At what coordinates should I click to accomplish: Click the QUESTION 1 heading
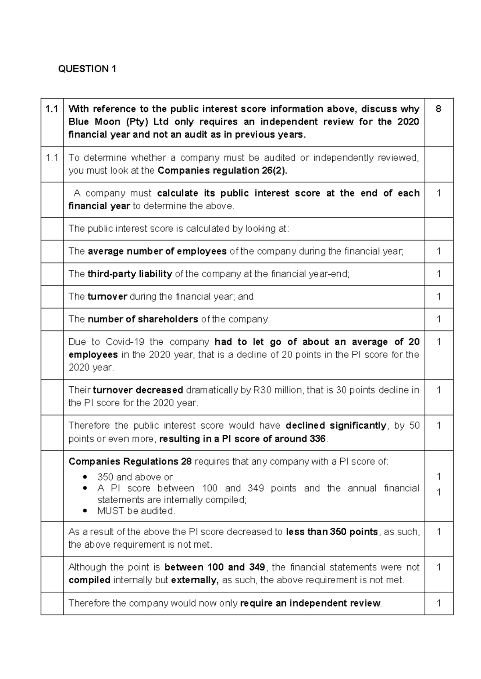click(x=87, y=69)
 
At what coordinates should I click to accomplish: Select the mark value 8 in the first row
click(x=439, y=109)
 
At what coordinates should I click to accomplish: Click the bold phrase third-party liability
click(x=130, y=274)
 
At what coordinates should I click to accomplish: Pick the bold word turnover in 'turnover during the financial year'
click(x=107, y=297)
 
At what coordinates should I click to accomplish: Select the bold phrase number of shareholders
click(x=143, y=319)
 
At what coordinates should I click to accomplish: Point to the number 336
click(x=317, y=439)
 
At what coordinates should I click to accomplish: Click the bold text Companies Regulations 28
click(x=130, y=462)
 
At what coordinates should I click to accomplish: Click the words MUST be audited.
click(x=136, y=511)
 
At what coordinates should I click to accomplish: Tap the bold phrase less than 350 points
click(x=332, y=532)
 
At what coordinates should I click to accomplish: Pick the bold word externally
click(x=194, y=580)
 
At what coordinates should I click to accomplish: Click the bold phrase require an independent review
click(x=310, y=603)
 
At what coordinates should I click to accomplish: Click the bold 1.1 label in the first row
click(x=52, y=109)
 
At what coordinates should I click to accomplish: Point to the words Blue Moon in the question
click(x=94, y=122)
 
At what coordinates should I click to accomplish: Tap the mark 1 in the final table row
click(x=439, y=603)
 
